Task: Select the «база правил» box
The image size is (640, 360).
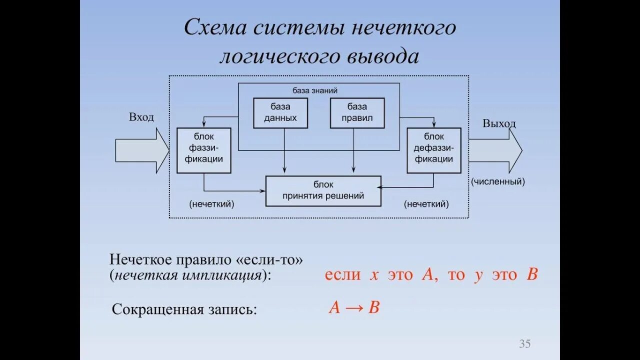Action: point(357,113)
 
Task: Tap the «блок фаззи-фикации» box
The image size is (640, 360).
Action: point(204,150)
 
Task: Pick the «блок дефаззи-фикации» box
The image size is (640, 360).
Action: point(434,150)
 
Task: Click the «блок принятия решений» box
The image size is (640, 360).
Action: point(323,191)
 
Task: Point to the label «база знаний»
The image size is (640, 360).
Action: point(315,90)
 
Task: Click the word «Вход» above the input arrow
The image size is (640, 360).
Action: point(141,117)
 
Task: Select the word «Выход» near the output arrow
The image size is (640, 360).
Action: point(499,123)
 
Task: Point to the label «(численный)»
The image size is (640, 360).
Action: point(498,182)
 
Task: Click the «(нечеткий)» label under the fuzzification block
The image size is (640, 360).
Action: point(211,204)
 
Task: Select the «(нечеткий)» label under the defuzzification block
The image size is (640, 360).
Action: point(426,204)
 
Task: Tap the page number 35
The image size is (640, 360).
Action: point(524,344)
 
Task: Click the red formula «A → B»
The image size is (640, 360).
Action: point(354,307)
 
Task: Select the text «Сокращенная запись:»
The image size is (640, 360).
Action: point(184,309)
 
